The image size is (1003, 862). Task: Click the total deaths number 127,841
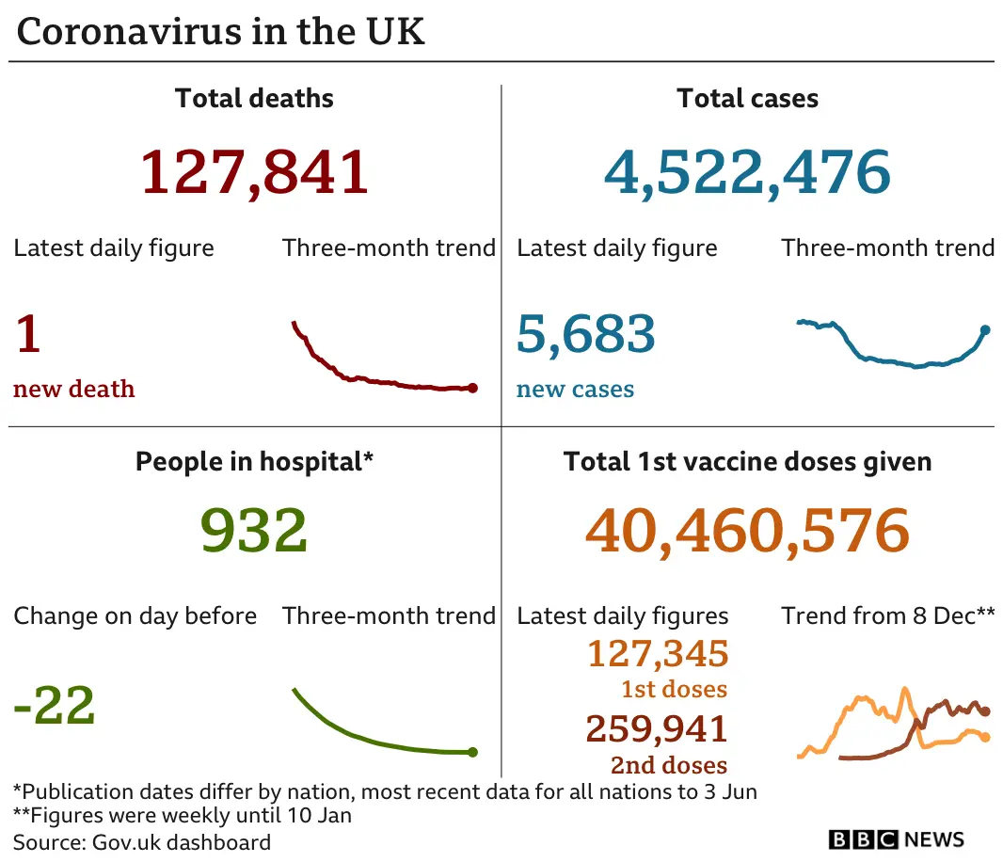(x=254, y=172)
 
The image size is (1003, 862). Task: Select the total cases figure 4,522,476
(x=747, y=172)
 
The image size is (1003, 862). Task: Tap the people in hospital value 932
(x=254, y=531)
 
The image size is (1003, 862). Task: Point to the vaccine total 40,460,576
(x=747, y=531)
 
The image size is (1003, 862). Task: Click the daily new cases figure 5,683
(x=585, y=335)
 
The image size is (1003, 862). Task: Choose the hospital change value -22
(x=55, y=706)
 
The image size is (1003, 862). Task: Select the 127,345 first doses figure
(x=658, y=653)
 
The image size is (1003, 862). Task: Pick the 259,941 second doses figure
(x=657, y=728)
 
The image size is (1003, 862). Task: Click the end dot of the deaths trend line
(x=472, y=388)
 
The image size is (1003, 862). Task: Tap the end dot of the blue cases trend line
(x=985, y=329)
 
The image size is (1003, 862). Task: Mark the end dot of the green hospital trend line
(x=472, y=752)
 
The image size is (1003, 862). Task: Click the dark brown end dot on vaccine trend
(x=985, y=711)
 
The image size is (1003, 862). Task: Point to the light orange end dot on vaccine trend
(x=985, y=737)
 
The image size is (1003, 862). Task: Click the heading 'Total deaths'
(x=254, y=99)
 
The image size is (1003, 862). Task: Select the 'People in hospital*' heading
(x=254, y=462)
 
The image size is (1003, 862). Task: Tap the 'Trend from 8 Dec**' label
(x=887, y=616)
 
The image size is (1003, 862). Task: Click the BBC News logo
(x=896, y=838)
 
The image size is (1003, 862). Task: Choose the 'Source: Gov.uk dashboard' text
(x=142, y=842)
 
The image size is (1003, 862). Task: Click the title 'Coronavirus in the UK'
(x=221, y=32)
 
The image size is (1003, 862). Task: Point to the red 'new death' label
(x=74, y=390)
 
